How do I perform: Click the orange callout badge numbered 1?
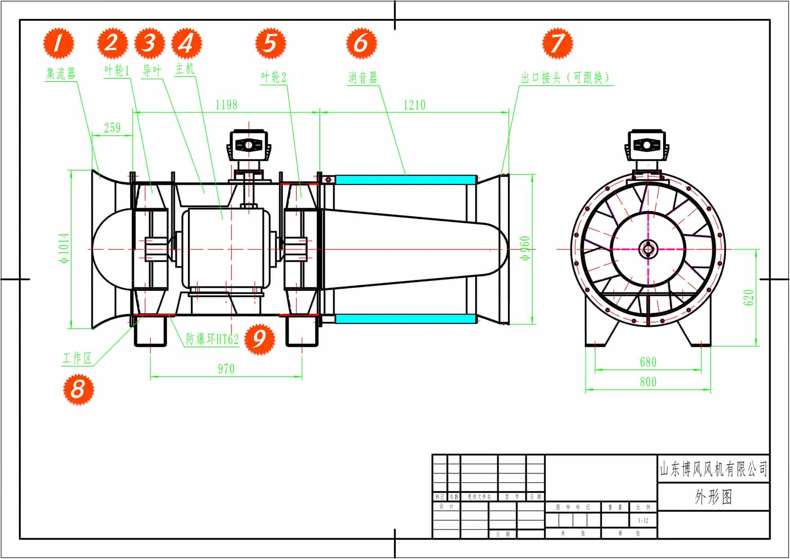point(59,43)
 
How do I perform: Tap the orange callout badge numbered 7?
point(557,43)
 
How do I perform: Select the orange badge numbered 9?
point(259,338)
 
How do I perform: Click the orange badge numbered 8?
point(78,389)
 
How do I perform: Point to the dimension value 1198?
point(226,105)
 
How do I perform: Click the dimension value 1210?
point(414,105)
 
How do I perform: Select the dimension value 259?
point(112,127)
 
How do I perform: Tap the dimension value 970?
point(226,368)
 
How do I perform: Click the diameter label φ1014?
point(64,248)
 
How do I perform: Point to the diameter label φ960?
point(525,248)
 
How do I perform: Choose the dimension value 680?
point(648,362)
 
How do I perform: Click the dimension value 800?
point(648,382)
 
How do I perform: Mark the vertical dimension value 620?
point(748,297)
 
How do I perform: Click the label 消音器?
point(362,78)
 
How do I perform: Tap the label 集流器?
point(61,73)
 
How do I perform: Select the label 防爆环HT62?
point(212,339)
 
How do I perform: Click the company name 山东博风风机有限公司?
point(713,469)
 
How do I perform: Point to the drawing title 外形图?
point(713,497)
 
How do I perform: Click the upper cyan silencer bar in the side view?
point(405,180)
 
